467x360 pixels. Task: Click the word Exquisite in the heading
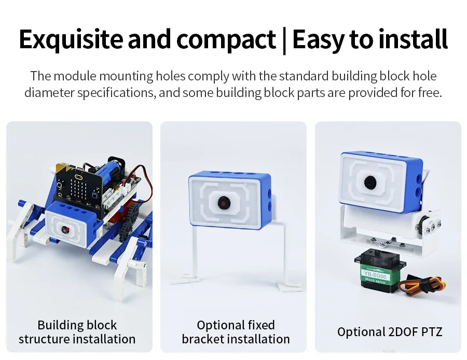[71, 39]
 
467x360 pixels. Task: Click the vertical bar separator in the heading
[284, 41]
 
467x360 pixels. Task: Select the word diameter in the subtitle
[49, 92]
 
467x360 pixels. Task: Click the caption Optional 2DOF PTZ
[390, 331]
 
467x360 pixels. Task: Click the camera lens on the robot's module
[65, 230]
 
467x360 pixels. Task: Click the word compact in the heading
[226, 39]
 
